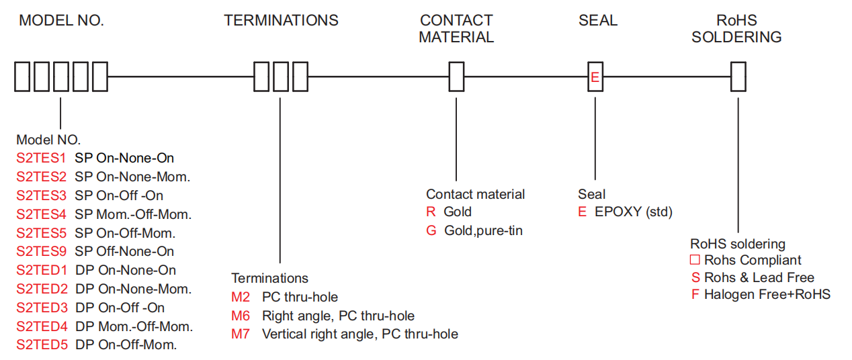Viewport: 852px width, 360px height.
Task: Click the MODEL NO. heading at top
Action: point(61,20)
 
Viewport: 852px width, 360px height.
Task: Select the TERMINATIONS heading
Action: point(281,20)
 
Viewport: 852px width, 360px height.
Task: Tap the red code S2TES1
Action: point(42,159)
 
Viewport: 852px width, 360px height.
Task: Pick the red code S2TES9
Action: point(42,251)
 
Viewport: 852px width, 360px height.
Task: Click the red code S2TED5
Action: point(42,345)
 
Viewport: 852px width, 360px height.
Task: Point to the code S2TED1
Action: point(42,270)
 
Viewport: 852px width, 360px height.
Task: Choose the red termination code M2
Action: point(241,297)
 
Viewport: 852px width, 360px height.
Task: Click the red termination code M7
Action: point(241,334)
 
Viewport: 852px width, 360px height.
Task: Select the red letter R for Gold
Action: point(431,212)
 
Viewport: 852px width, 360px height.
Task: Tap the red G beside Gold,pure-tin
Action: point(431,231)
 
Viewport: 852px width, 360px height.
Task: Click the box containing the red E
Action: point(595,77)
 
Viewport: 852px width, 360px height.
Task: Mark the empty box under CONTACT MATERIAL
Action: point(456,77)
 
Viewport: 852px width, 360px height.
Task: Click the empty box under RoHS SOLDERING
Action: point(738,77)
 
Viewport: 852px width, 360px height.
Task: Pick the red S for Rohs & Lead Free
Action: point(695,278)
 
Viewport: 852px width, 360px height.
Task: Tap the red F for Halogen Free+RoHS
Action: point(695,295)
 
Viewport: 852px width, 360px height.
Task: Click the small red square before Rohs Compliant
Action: point(695,260)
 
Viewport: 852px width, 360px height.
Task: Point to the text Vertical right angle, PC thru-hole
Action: point(360,334)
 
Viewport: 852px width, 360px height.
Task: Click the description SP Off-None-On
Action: point(124,251)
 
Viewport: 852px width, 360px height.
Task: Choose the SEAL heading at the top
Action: point(597,20)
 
